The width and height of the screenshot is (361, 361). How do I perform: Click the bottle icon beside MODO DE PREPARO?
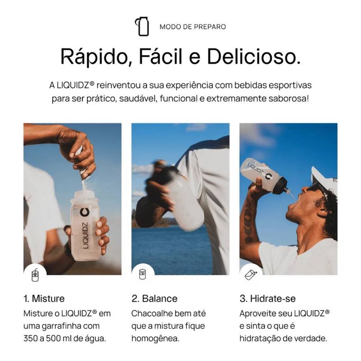tap(142, 26)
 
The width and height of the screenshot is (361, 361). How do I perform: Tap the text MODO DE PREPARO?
tap(193, 27)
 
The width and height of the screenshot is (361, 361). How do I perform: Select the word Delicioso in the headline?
tap(254, 56)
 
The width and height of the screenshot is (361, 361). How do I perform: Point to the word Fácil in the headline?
tap(161, 56)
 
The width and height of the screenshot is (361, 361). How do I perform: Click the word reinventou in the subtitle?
tap(119, 85)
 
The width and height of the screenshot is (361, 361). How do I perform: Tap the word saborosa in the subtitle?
tap(287, 99)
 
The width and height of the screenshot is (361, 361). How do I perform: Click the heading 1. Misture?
tap(44, 299)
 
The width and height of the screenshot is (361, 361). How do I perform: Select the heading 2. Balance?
tap(154, 299)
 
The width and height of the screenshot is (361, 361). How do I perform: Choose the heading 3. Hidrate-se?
tap(268, 299)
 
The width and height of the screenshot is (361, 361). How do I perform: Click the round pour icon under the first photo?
tap(35, 275)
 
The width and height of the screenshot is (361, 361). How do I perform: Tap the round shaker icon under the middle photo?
tap(143, 274)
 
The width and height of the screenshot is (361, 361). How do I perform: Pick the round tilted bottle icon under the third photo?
tap(251, 274)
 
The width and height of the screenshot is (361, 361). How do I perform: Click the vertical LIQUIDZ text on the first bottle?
tap(86, 235)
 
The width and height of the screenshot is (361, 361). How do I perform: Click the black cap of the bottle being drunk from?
tap(282, 184)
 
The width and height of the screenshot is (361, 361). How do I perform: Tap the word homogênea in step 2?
tap(155, 339)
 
